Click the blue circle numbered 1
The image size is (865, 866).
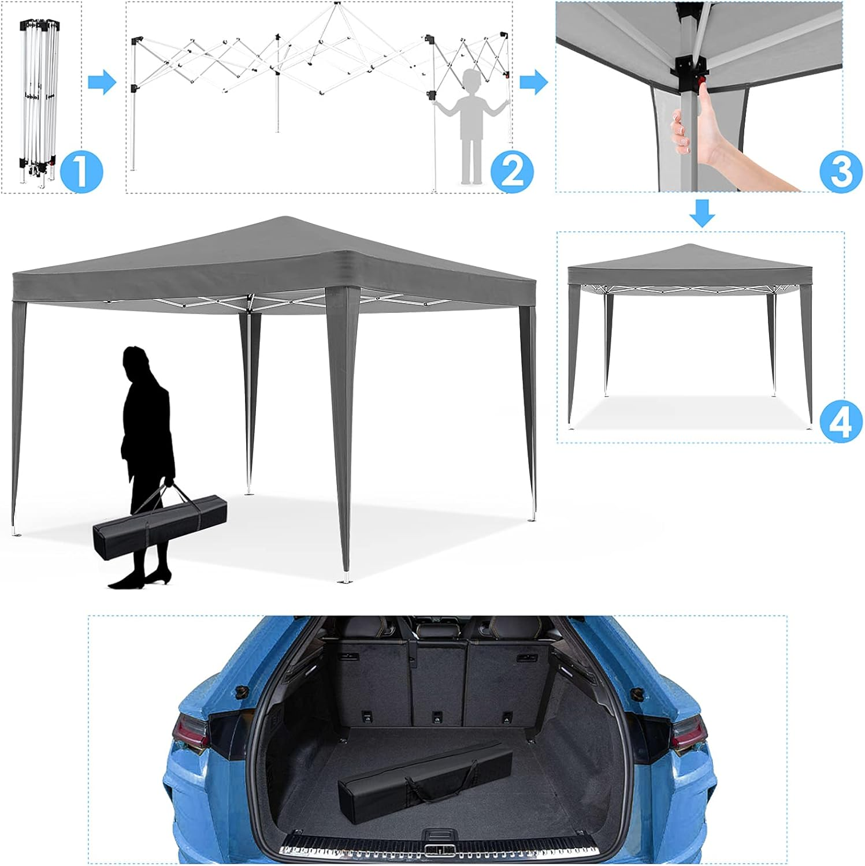[x=81, y=170]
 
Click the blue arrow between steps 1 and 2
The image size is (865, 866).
[x=102, y=82]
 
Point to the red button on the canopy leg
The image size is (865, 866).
[x=703, y=84]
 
